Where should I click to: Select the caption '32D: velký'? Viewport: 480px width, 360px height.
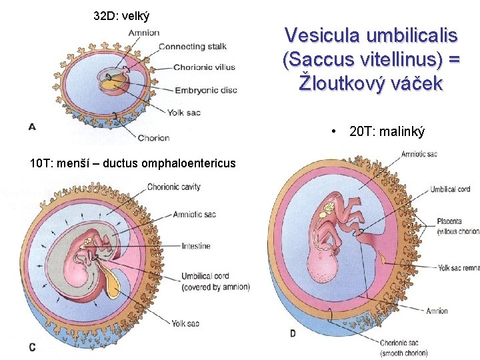121,15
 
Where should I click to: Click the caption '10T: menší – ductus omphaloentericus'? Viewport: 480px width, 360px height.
133,163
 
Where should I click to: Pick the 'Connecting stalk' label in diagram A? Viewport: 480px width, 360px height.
192,46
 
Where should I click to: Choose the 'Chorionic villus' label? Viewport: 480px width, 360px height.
204,67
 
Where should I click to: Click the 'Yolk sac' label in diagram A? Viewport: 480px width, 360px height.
184,113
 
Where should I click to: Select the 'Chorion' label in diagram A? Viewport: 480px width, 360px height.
153,138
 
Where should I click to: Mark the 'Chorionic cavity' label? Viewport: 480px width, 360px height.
173,187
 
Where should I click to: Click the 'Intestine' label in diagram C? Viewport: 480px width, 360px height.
195,246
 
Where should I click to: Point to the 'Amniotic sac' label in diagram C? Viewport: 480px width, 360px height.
194,214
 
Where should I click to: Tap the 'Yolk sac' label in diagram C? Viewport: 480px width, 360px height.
185,323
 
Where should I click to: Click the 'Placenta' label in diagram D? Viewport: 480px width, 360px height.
451,221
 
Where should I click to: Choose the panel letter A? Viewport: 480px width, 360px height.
31,127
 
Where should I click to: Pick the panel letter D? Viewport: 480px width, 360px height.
293,333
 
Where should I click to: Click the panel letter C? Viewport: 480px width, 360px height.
32,347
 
